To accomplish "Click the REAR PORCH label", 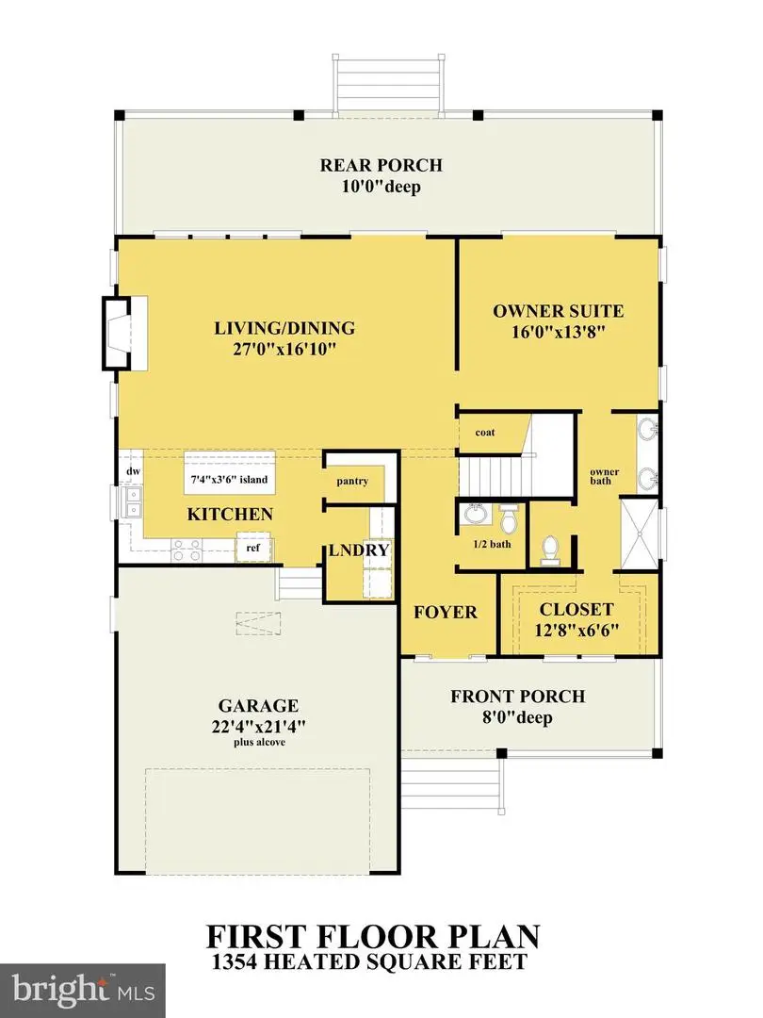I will tap(381, 165).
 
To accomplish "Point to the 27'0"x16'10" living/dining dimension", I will tap(284, 350).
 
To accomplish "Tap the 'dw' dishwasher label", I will tap(133, 470).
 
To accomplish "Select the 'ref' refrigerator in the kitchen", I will tap(252, 547).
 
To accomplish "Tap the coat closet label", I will tap(485, 433).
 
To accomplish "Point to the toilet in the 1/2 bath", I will tap(509, 519).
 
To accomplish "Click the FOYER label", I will tap(446, 612).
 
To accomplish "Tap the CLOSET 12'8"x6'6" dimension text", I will tap(576, 631).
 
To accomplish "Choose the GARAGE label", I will tap(258, 705).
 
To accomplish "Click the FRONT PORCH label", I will tap(517, 697).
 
